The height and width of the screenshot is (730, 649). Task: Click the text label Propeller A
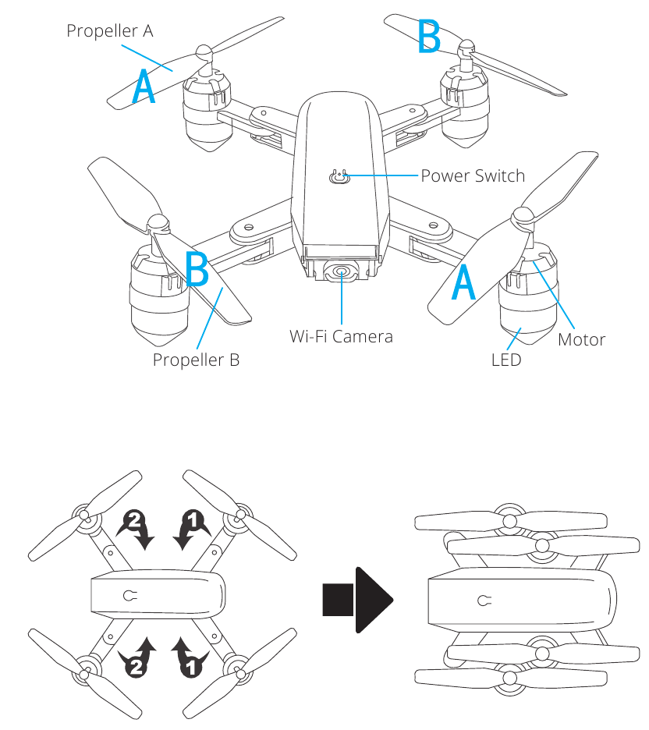109,31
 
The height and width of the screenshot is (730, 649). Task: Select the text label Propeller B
196,360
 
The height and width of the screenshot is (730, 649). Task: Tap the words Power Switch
473,175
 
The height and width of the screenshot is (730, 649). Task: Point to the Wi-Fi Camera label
341,337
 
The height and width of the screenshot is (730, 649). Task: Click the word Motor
581,340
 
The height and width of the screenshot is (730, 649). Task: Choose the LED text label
505,360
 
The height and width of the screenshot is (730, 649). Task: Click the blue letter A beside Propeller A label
144,87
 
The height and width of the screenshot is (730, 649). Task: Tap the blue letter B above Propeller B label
197,269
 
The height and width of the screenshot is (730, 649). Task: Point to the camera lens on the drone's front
341,272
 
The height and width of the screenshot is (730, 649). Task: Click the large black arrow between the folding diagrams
358,599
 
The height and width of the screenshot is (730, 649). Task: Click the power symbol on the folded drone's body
485,601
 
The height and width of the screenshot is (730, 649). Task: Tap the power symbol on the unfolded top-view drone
130,596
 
